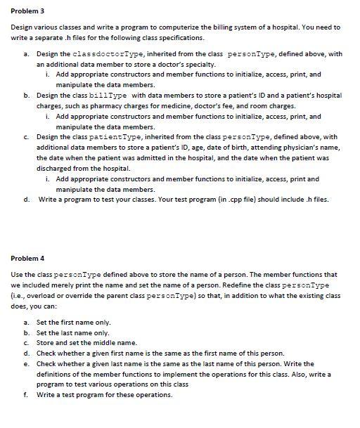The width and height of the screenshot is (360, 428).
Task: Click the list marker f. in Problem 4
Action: pyautogui.click(x=26, y=395)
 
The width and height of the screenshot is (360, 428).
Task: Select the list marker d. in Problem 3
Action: pyautogui.click(x=26, y=199)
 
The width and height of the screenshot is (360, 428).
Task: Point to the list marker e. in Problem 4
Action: pyautogui.click(x=26, y=363)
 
